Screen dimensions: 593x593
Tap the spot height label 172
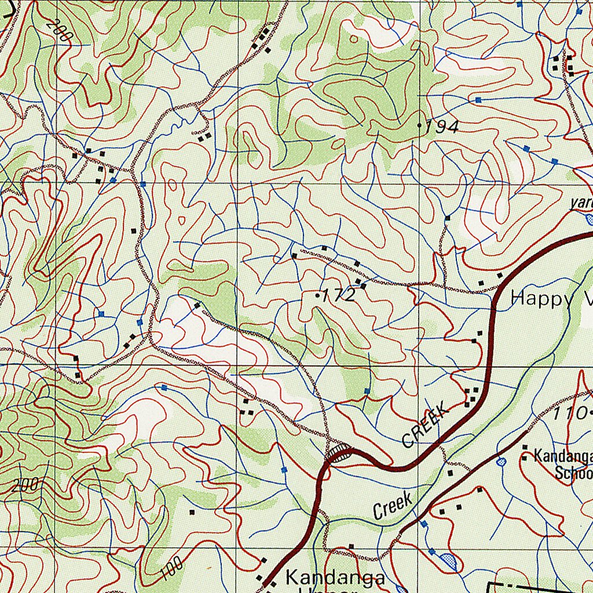(x=339, y=296)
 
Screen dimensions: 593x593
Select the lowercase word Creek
(x=393, y=506)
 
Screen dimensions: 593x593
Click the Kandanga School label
(x=562, y=463)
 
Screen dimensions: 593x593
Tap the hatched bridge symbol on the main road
(x=338, y=453)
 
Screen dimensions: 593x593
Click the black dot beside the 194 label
(x=420, y=125)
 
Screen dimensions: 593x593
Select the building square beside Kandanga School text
(x=525, y=447)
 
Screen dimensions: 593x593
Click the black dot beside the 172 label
(x=317, y=295)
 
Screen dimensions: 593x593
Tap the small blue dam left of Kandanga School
(x=502, y=461)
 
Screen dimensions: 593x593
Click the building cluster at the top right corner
(x=563, y=64)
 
